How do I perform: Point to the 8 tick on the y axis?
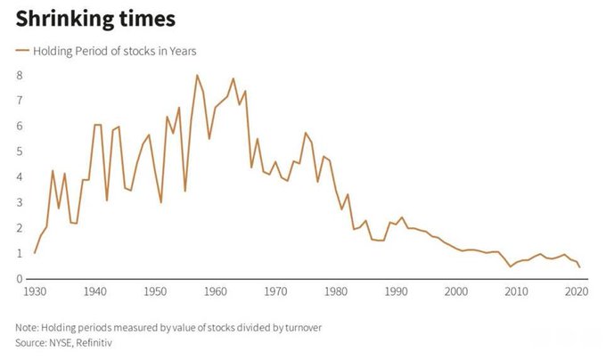point(19,76)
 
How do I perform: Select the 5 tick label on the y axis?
point(19,151)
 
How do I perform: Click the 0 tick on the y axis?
point(19,279)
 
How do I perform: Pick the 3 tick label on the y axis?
point(19,202)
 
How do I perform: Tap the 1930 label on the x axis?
point(35,291)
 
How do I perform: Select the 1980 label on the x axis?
point(336,291)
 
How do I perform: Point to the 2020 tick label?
point(577,291)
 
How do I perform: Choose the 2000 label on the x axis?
point(456,291)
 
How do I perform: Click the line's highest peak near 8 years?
point(197,75)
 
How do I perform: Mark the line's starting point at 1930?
point(35,253)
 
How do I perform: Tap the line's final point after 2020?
point(580,266)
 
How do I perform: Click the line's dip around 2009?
point(511,266)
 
